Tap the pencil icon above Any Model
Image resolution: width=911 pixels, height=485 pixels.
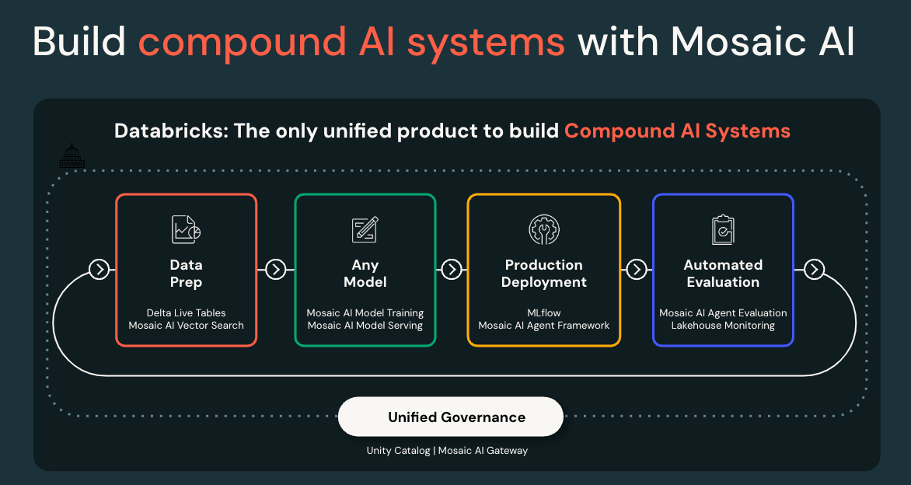click(365, 229)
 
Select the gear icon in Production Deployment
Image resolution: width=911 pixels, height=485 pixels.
click(543, 229)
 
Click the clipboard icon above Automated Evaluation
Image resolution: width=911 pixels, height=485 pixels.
click(723, 229)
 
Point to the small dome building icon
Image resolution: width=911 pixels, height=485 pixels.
click(72, 156)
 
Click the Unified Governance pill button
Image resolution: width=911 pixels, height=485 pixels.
click(451, 417)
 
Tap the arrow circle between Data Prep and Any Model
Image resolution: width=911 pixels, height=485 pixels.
click(276, 269)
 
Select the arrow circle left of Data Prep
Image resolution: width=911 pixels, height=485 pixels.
click(99, 269)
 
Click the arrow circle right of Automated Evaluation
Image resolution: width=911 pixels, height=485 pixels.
click(814, 269)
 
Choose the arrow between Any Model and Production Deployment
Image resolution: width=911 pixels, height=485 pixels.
click(452, 269)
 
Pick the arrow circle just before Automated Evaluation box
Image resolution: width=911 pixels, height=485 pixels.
click(637, 269)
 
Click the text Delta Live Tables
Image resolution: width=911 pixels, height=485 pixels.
click(187, 313)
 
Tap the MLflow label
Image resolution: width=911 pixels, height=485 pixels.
click(544, 313)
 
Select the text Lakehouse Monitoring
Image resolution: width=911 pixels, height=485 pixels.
click(723, 326)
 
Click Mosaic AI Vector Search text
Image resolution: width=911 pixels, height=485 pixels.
click(187, 326)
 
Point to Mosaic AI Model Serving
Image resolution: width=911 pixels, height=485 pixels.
click(365, 326)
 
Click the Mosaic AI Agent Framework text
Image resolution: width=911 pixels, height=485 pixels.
click(544, 326)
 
